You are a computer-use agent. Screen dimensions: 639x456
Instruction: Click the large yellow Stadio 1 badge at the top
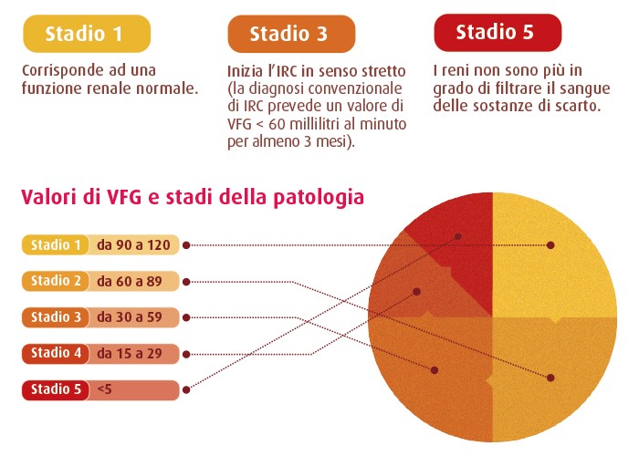87,34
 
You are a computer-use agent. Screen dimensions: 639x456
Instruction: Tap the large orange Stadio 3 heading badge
291,34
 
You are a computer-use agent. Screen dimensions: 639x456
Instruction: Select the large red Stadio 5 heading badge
498,33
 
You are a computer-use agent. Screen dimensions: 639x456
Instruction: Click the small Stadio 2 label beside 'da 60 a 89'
56,281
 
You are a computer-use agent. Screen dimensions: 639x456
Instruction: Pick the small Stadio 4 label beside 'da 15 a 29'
56,354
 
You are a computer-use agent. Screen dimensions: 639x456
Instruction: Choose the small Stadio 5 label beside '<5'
56,389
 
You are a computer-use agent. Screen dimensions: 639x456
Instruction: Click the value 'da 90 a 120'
133,245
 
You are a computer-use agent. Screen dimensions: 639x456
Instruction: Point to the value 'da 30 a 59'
130,317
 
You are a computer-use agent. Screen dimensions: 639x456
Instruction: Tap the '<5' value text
105,389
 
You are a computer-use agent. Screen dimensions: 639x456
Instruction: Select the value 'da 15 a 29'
130,354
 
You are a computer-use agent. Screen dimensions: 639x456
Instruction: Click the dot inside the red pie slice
458,236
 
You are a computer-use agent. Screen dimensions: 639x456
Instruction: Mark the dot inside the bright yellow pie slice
550,245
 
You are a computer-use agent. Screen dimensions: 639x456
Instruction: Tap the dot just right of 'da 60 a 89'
186,282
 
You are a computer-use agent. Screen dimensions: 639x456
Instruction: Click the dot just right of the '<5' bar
186,390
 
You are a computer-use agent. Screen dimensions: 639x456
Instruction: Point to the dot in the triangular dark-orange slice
416,292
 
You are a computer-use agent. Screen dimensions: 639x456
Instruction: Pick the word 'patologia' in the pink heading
319,198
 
